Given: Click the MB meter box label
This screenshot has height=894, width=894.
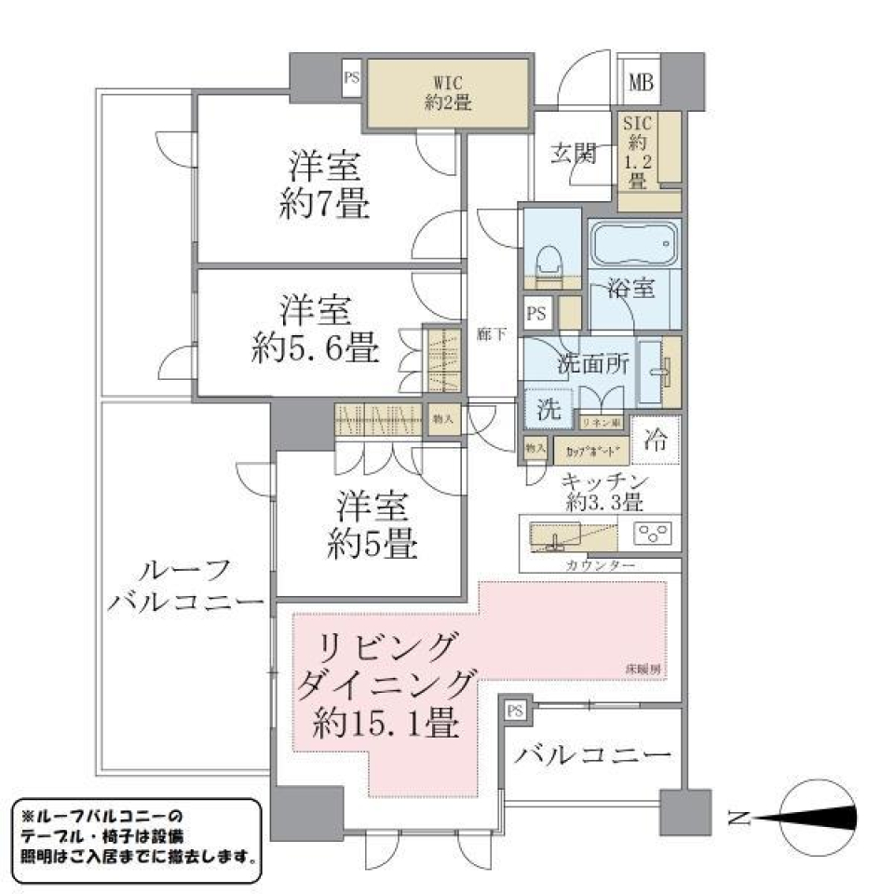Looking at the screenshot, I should (641, 82).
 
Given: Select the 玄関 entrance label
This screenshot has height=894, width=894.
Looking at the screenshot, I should (572, 154).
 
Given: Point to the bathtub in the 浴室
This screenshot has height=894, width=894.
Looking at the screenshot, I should (634, 246).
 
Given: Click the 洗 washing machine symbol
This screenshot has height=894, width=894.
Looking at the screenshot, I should (548, 407).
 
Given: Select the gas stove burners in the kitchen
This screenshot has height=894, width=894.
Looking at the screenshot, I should (654, 534).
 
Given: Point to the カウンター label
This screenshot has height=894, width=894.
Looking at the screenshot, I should (600, 565).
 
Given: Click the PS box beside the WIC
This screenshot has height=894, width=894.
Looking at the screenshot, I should (351, 78).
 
